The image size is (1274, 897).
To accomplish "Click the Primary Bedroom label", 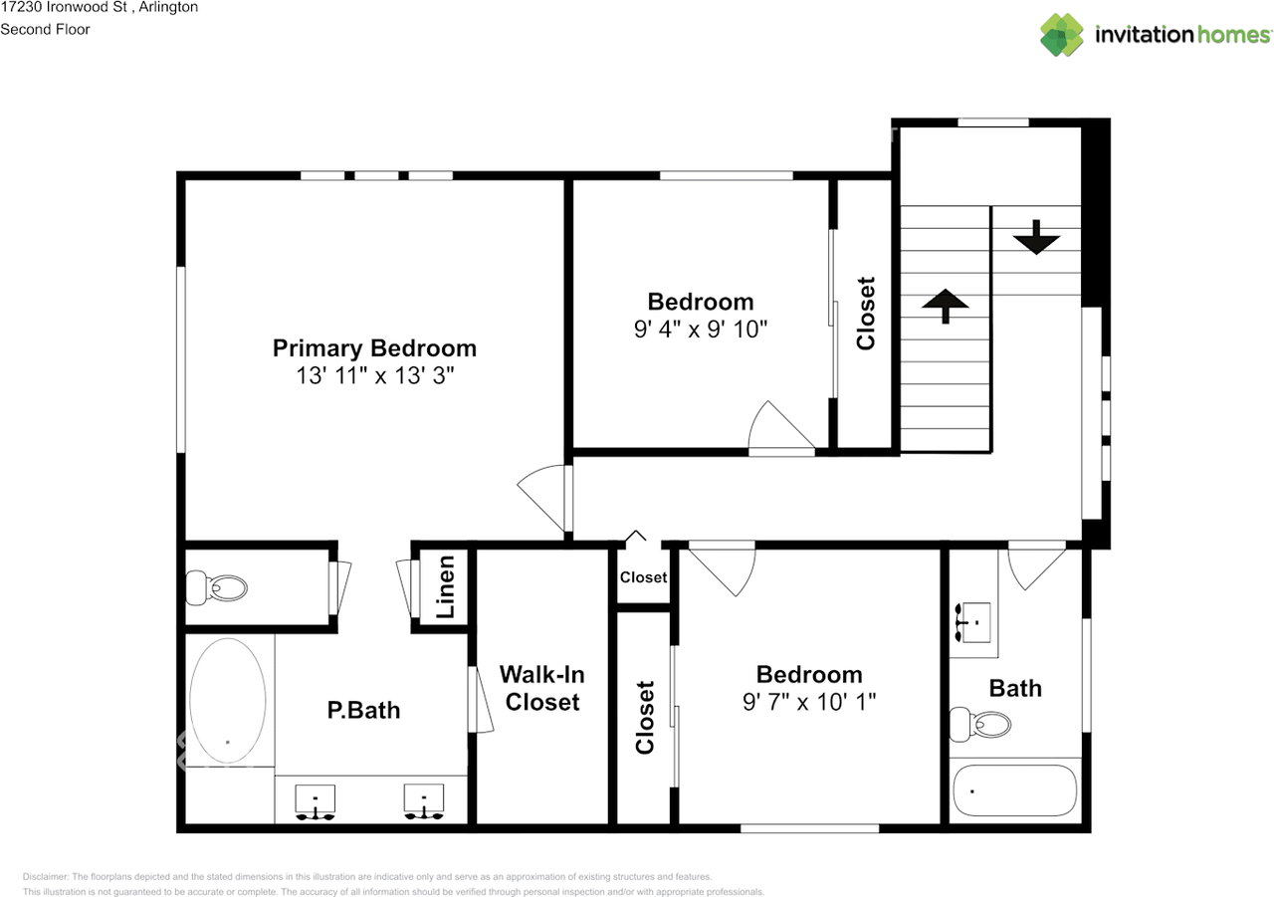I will (x=374, y=348).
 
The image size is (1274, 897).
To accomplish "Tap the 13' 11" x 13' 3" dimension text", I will (x=374, y=375).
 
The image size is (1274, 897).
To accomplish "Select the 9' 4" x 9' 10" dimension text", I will (x=701, y=329).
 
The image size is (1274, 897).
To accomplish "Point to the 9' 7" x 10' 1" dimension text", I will (x=809, y=702).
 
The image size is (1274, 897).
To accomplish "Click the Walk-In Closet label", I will (x=542, y=688).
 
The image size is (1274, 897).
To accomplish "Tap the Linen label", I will (x=446, y=586).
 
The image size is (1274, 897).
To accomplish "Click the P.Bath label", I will (x=363, y=710).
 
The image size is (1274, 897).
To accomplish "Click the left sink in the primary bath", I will (x=316, y=800).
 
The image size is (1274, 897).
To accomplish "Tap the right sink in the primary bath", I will (x=423, y=800).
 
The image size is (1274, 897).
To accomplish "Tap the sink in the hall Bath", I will (x=972, y=622).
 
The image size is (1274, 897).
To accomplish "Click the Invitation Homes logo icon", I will (x=1062, y=35).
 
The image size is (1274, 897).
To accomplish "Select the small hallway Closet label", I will (x=643, y=577).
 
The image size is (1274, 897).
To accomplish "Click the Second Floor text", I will (x=45, y=29).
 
